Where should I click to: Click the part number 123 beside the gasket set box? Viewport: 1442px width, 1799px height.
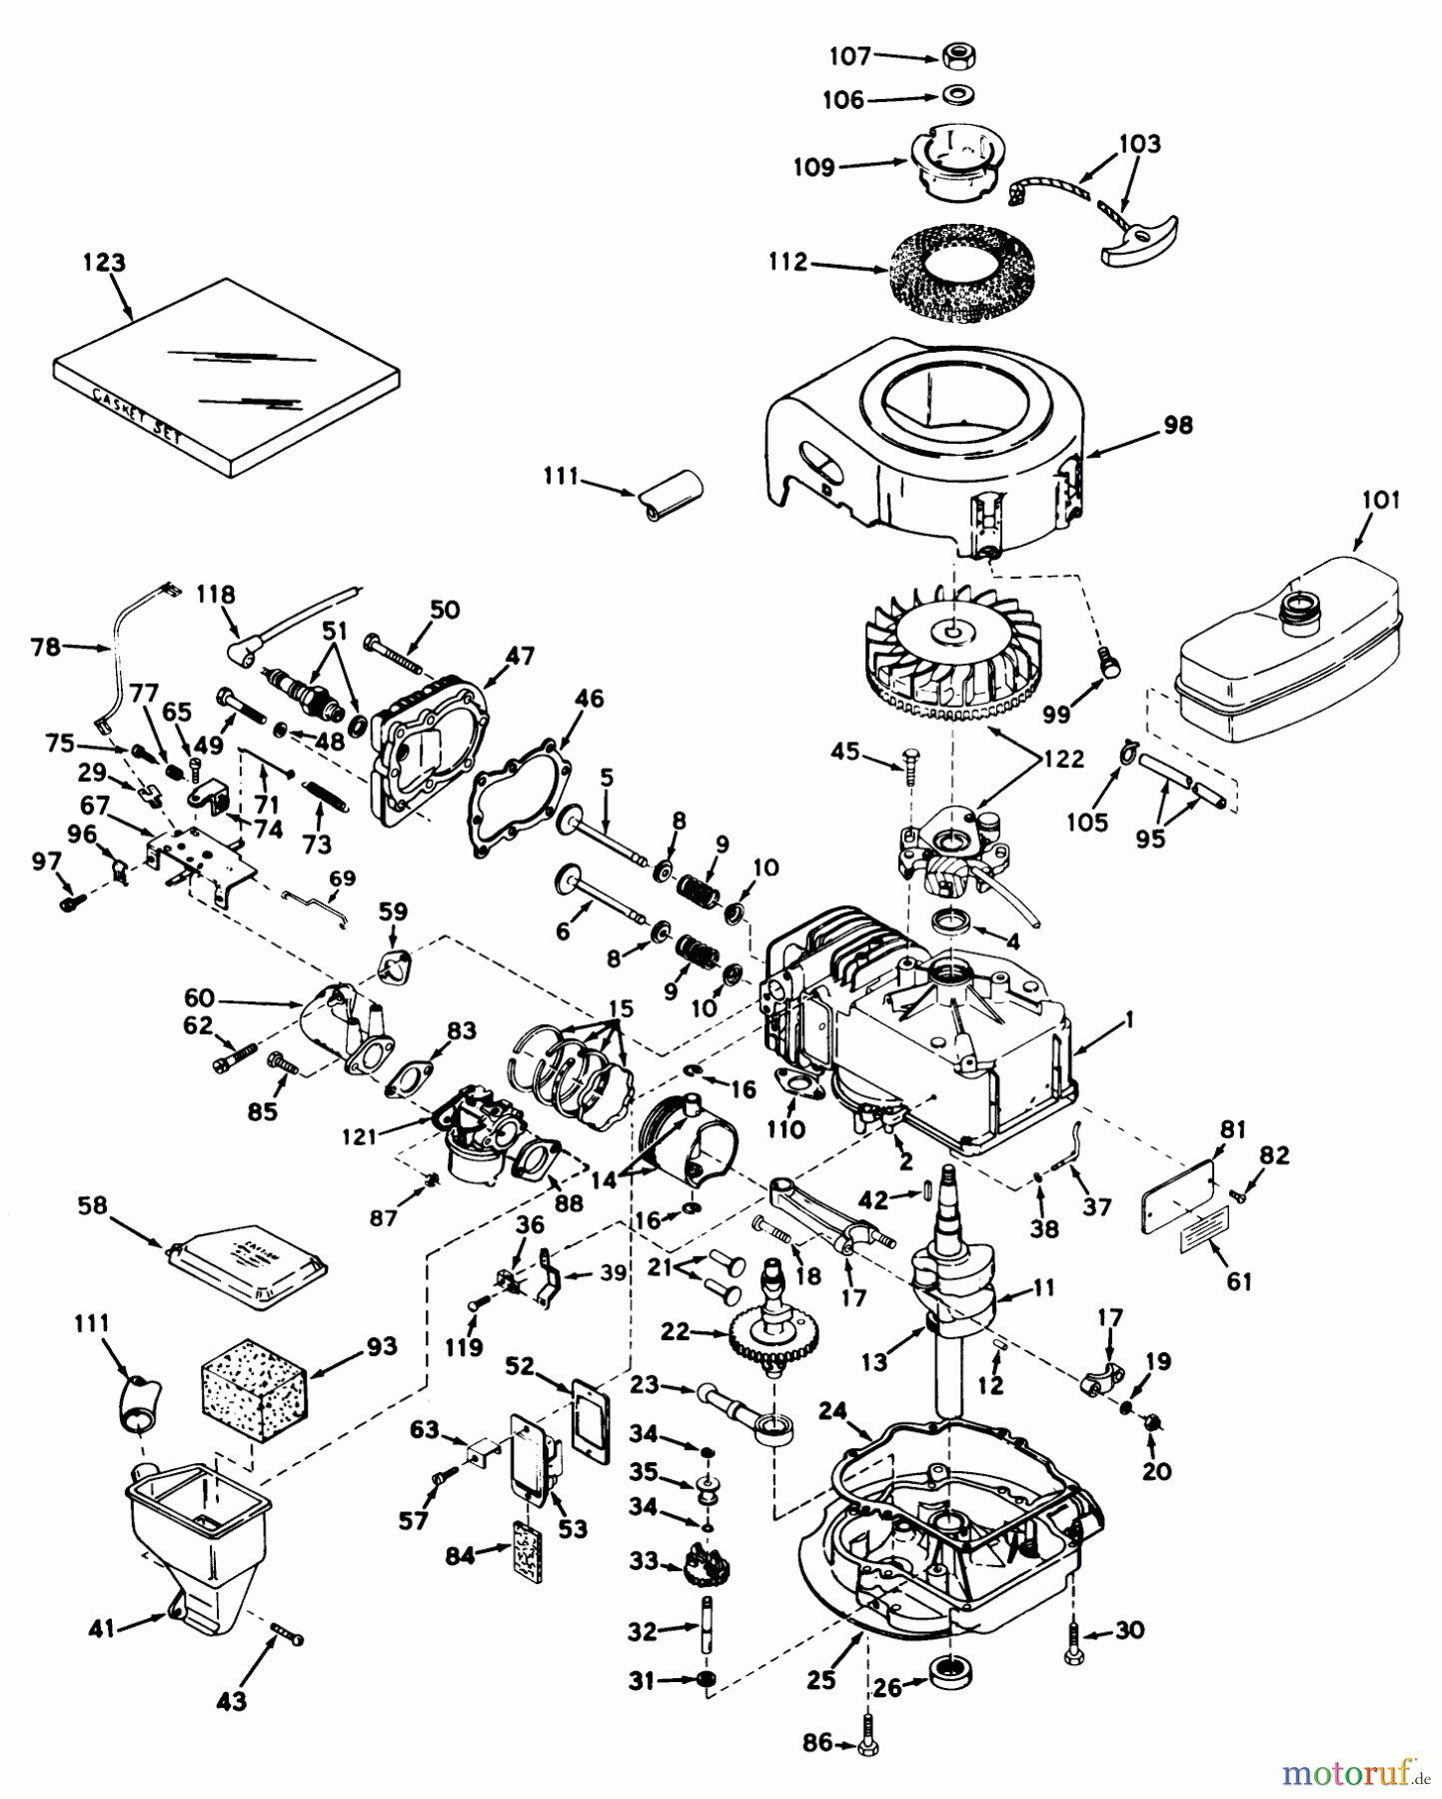point(104,263)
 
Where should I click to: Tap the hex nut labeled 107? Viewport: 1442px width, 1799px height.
point(956,56)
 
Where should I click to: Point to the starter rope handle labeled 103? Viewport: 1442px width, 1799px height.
point(1141,243)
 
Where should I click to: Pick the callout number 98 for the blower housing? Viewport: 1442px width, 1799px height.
point(1178,425)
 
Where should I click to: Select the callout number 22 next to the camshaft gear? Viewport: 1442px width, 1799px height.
point(677,1332)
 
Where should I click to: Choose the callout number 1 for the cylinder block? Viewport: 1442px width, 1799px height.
point(1128,1020)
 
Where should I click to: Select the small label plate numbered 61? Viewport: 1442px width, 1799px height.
point(1207,1235)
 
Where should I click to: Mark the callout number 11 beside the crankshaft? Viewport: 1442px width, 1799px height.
point(1043,1288)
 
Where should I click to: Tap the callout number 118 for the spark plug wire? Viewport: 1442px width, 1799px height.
point(215,595)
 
